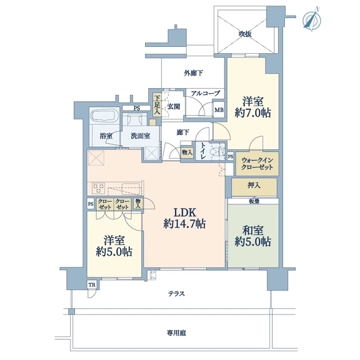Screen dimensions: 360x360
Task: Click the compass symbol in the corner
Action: pyautogui.click(x=312, y=20)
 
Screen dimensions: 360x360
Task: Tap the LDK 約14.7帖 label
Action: pyautogui.click(x=184, y=218)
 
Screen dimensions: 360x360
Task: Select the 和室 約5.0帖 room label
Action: pyautogui.click(x=252, y=236)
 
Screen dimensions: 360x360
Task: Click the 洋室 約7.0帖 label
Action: pyautogui.click(x=252, y=107)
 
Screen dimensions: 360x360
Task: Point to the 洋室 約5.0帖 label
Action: pyautogui.click(x=114, y=246)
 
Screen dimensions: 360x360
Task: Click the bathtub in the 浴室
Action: pyautogui.click(x=104, y=116)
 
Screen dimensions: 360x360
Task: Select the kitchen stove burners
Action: pyautogui.click(x=99, y=188)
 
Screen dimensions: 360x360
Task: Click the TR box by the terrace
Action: pyautogui.click(x=92, y=285)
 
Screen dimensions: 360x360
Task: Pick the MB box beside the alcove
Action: pyautogui.click(x=219, y=110)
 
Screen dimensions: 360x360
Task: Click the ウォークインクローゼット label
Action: pyautogui.click(x=257, y=164)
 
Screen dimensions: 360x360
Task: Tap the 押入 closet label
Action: pyautogui.click(x=254, y=186)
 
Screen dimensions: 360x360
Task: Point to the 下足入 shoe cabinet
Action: pyautogui.click(x=157, y=105)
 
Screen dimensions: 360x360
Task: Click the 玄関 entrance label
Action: pyautogui.click(x=174, y=106)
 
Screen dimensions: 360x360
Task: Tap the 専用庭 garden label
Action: pyautogui.click(x=176, y=333)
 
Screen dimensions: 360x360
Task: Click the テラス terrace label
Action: pyautogui.click(x=176, y=294)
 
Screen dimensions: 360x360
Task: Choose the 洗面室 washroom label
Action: pyautogui.click(x=141, y=136)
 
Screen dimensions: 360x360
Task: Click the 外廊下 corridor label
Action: pyautogui.click(x=193, y=73)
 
